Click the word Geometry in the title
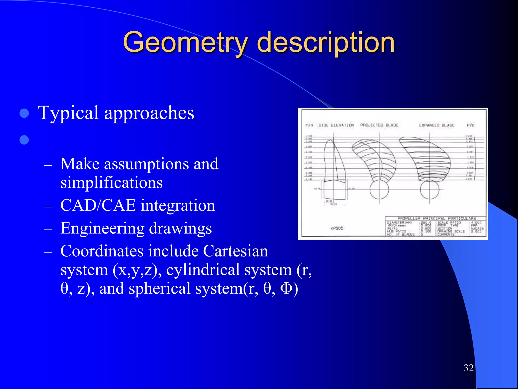tap(185, 42)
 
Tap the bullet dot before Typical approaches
tap(24, 113)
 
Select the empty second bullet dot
tap(24, 140)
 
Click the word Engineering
tap(102, 228)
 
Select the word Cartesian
tap(235, 251)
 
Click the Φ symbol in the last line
tap(286, 288)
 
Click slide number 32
tap(469, 368)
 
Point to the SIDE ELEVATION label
tap(336, 125)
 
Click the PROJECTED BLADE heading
tap(379, 125)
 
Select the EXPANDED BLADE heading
tap(437, 125)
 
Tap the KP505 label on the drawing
tap(337, 228)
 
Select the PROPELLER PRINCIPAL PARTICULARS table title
tap(437, 218)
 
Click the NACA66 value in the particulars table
tap(477, 228)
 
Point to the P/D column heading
tap(470, 125)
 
